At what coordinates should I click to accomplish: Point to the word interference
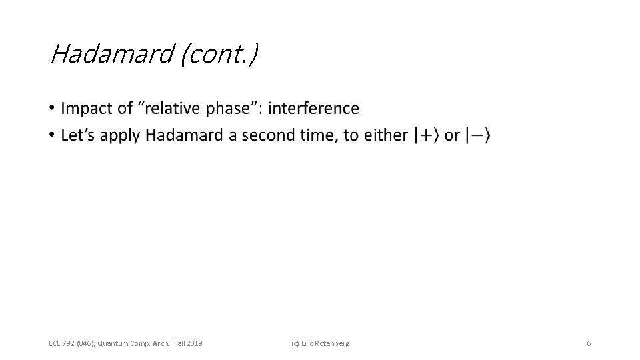[313, 108]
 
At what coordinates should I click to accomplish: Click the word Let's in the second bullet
[78, 135]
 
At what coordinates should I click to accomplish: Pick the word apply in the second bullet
[121, 135]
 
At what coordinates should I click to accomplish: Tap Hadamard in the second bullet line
[184, 135]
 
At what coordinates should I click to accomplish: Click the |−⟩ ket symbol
[478, 135]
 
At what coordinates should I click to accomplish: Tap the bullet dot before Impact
[52, 109]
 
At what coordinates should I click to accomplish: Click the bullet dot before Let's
[52, 136]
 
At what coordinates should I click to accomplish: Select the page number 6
[589, 343]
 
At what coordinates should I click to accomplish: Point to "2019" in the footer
[194, 343]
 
